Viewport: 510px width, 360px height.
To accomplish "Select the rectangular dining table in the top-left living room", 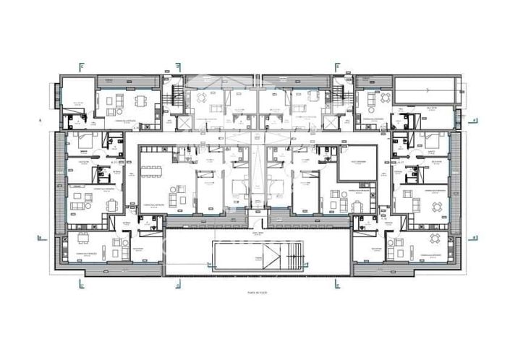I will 142,100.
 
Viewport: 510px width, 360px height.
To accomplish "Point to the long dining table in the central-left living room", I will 151,172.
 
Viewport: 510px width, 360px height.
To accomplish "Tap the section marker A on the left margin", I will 40,121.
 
